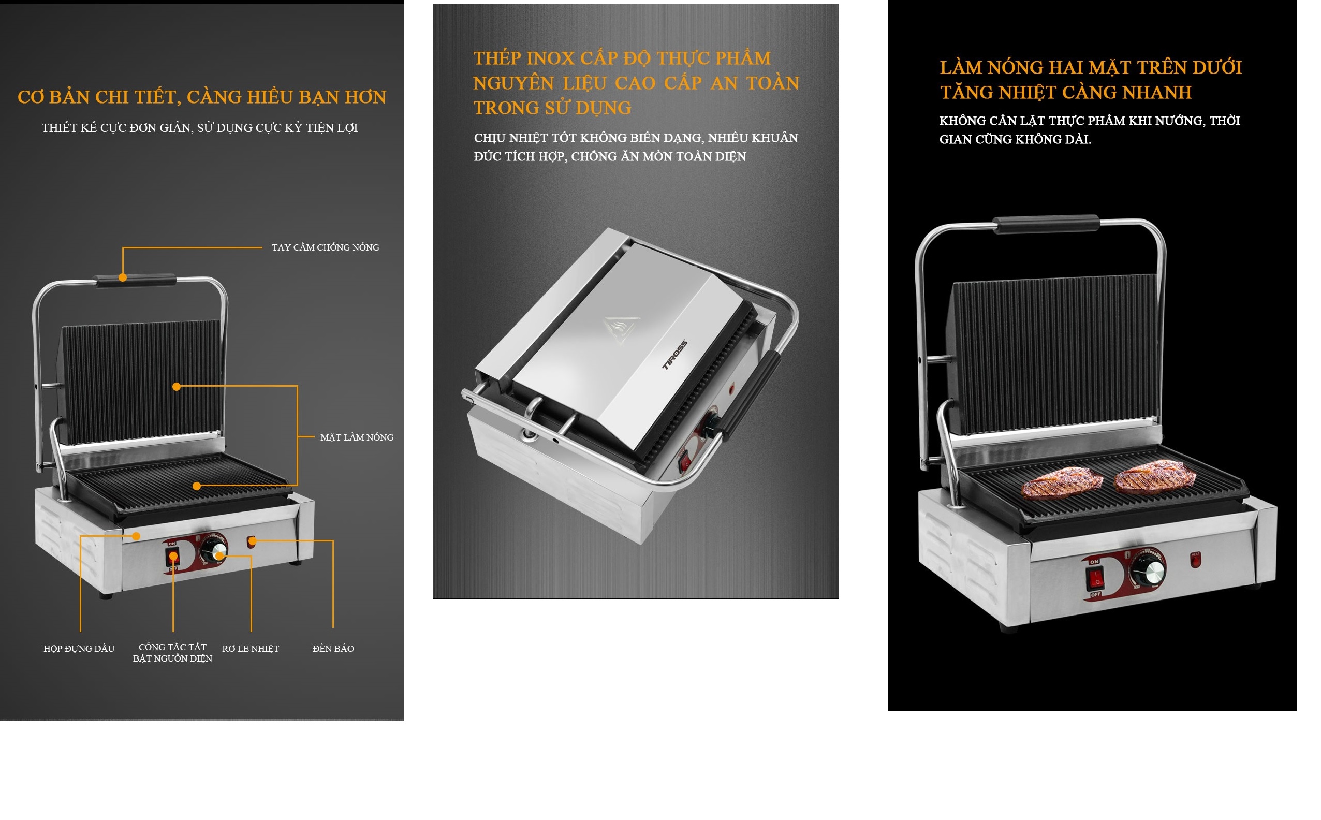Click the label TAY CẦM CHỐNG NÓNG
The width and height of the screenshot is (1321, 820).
coord(326,247)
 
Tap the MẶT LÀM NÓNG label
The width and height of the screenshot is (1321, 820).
coord(357,437)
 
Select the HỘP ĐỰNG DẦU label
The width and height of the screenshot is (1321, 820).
coord(79,649)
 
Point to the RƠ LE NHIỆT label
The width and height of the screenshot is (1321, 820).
coord(251,649)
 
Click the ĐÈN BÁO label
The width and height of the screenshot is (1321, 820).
coord(333,649)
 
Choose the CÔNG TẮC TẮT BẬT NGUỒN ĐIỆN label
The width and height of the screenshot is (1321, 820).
coord(172,652)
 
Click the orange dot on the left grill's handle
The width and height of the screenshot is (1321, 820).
coord(123,277)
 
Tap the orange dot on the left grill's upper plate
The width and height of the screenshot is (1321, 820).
coord(176,387)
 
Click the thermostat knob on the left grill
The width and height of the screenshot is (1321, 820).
coord(214,549)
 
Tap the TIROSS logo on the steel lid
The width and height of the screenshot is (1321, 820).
coord(674,355)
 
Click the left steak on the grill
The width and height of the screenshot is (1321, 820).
coord(1062,484)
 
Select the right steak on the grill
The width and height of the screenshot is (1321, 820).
coord(1154,475)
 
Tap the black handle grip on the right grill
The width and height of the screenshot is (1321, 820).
coord(1046,224)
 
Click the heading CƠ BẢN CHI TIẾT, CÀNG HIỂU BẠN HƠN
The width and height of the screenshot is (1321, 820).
coord(202,97)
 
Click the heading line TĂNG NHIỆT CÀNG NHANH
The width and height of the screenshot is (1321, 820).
coord(1066,93)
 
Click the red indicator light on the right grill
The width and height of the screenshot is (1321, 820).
coord(1195,560)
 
